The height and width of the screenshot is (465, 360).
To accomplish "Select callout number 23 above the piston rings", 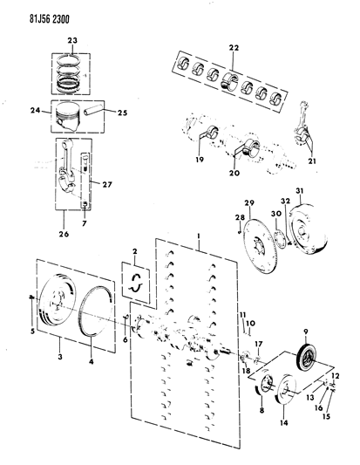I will tap(73, 39).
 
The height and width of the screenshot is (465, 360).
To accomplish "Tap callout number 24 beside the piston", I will tap(35, 111).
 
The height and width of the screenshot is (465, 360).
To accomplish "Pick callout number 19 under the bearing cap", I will tap(200, 161).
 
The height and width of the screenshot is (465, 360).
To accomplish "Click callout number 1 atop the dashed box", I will tap(200, 236).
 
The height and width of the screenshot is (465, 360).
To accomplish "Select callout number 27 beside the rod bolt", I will tap(107, 183).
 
